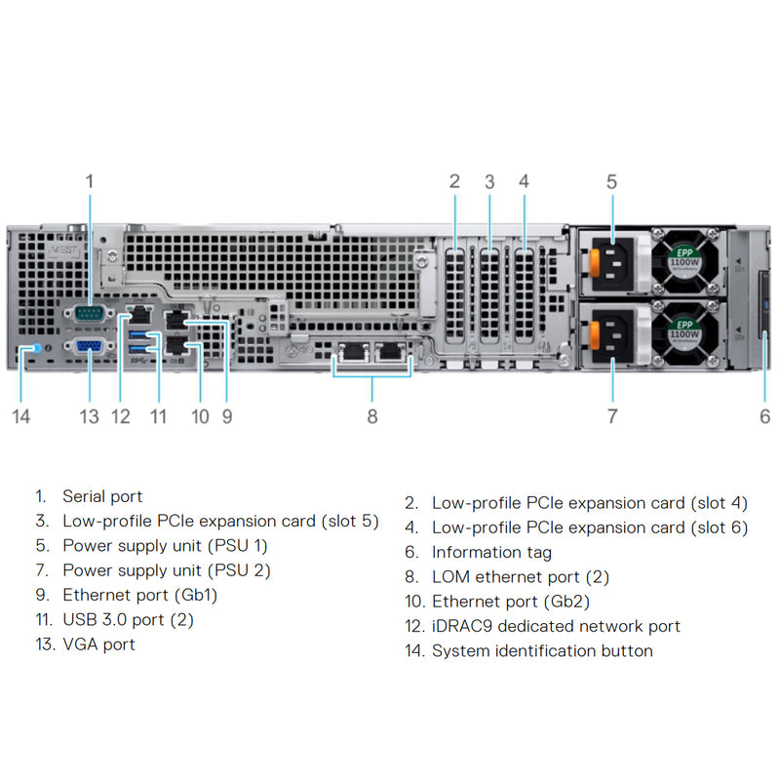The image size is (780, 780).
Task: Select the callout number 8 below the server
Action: tap(372, 416)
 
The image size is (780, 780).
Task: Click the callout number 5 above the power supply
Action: tap(611, 180)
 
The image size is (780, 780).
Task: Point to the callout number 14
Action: tap(21, 416)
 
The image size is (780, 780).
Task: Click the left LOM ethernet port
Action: tap(350, 353)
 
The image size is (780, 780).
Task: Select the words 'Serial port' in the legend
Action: tap(102, 496)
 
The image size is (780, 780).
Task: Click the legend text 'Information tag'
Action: tap(491, 553)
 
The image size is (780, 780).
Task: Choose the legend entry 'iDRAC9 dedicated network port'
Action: tap(556, 626)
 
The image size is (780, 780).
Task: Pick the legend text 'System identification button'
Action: tap(542, 650)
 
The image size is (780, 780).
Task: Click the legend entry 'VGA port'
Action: tap(98, 643)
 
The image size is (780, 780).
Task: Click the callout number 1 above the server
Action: tap(90, 180)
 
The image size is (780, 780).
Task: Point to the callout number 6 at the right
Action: tap(764, 416)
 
